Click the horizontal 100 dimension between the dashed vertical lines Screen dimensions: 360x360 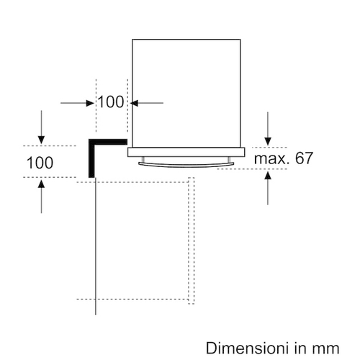click(111, 102)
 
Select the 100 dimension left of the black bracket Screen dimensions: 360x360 click(40, 163)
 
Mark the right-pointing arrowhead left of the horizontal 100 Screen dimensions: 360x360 click(90, 103)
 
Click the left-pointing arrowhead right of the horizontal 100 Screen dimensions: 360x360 click(134, 103)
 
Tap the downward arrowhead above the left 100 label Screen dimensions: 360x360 click(41, 140)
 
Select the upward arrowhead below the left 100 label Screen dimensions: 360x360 click(41, 184)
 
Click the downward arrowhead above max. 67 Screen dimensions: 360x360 click(268, 141)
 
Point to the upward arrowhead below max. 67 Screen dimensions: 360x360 click(268, 175)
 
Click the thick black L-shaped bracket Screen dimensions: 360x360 click(91, 158)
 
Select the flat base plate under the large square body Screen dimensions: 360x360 click(186, 153)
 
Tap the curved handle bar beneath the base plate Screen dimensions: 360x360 click(186, 164)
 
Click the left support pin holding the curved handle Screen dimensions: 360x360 click(143, 160)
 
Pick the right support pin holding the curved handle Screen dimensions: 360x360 click(230, 160)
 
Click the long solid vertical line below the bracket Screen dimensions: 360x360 click(96, 246)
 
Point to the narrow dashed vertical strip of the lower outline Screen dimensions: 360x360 click(192, 240)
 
